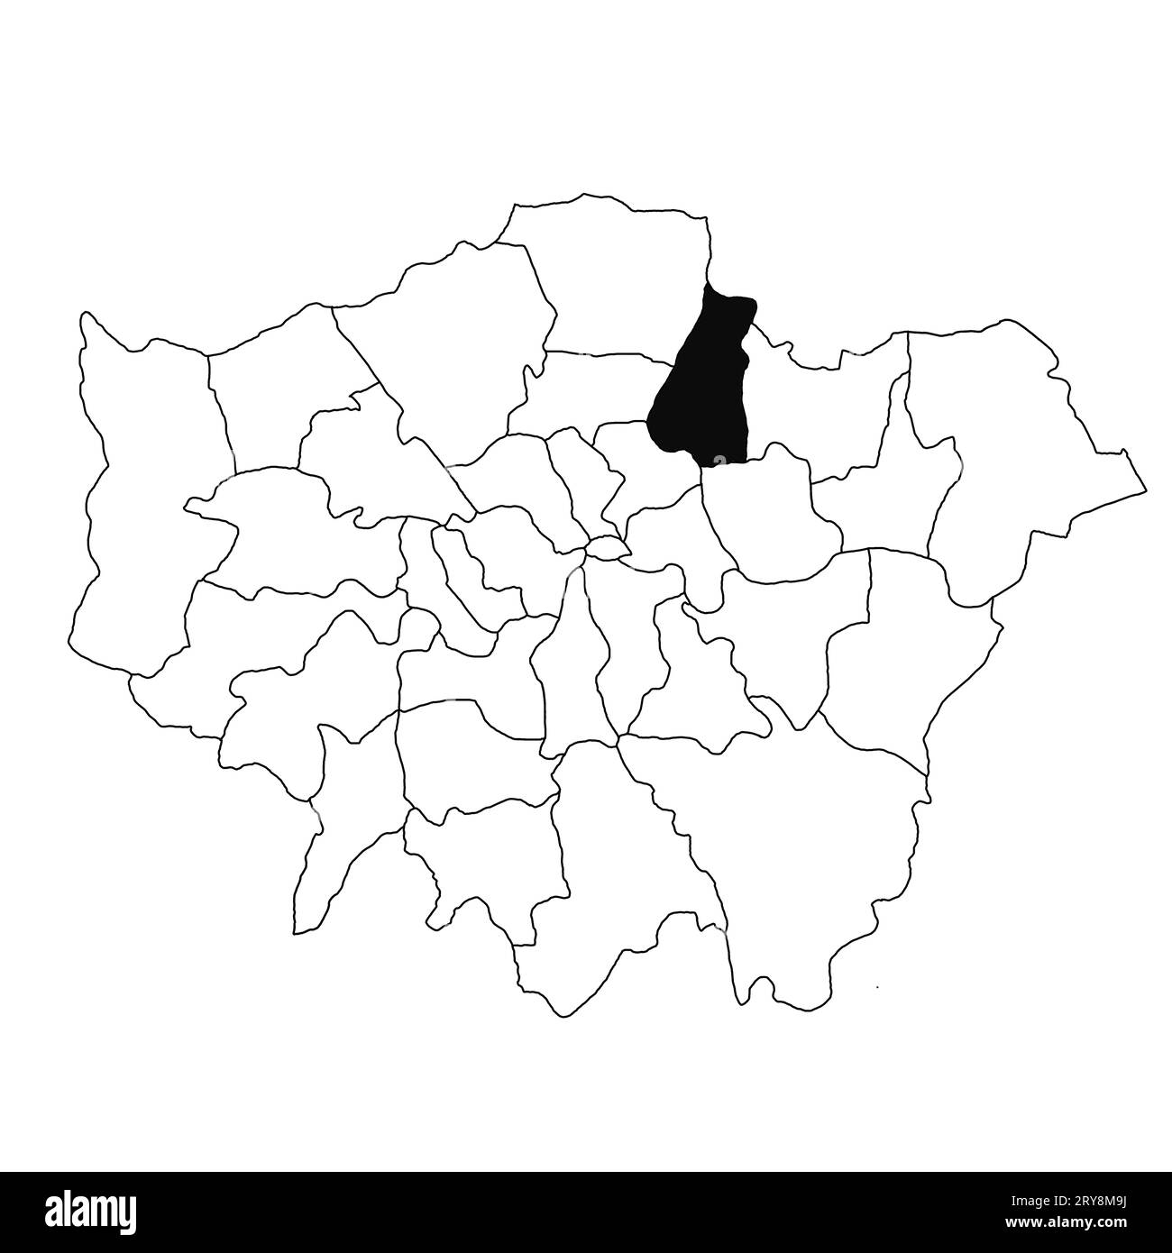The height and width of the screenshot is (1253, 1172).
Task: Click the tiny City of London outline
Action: click(608, 547)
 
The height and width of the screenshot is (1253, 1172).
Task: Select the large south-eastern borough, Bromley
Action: click(793, 838)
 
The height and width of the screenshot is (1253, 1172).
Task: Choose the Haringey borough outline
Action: click(595, 388)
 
